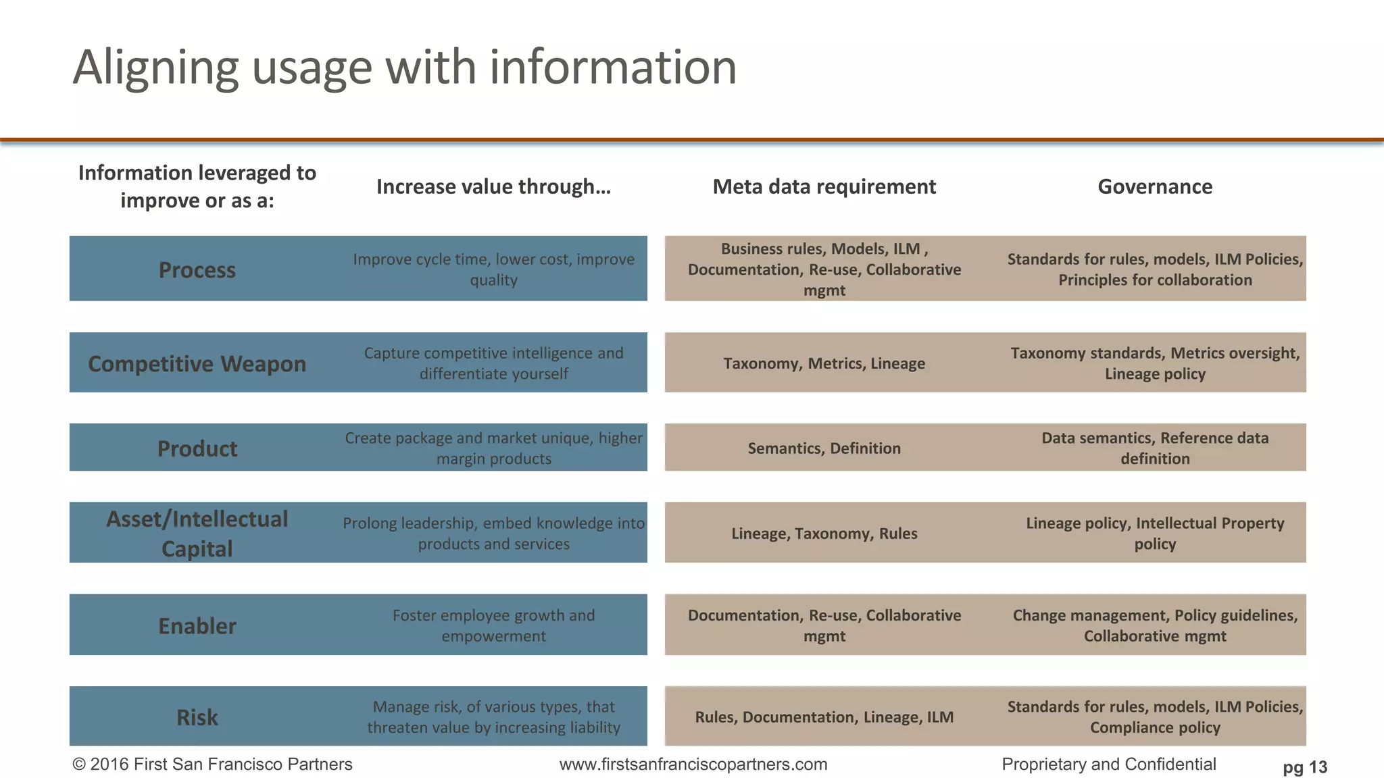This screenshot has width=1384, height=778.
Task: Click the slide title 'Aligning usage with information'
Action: point(404,68)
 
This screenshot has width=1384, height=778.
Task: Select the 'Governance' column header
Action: point(1154,186)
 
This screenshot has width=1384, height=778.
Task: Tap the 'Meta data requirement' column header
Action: point(824,186)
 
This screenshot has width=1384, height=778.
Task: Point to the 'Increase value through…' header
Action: point(493,186)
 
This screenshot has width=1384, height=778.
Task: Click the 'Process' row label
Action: point(197,270)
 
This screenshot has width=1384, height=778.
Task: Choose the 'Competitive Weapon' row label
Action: point(197,363)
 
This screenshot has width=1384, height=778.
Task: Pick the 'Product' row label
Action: point(197,448)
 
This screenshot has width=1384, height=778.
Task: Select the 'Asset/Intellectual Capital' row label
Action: point(197,534)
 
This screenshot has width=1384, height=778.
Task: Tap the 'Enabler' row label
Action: point(197,626)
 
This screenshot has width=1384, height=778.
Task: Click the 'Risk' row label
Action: point(197,717)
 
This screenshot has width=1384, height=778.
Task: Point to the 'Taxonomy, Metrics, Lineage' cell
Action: point(824,363)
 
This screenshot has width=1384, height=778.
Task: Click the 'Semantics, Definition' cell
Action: point(824,448)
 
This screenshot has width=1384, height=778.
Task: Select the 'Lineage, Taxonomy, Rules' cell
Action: point(824,534)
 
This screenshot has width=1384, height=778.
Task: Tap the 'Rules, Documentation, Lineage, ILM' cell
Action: point(824,717)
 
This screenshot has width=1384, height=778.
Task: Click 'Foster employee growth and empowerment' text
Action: point(493,625)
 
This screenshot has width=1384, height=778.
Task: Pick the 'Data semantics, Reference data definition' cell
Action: point(1154,448)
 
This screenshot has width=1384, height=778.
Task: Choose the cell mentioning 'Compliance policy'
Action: point(1154,717)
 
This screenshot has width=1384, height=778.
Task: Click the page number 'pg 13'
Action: point(1304,767)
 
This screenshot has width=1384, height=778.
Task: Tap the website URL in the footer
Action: point(693,764)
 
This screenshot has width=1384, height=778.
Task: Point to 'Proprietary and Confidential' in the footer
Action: point(1108,764)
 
